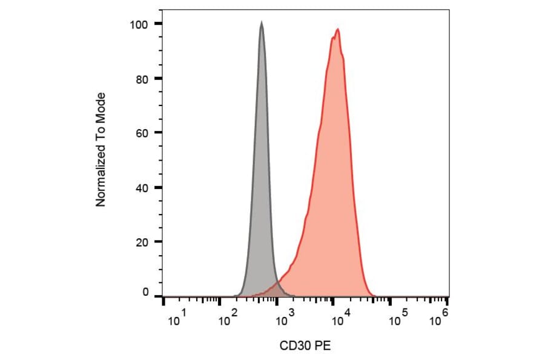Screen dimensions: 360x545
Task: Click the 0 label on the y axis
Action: (146, 292)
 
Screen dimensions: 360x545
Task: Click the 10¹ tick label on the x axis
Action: (176, 319)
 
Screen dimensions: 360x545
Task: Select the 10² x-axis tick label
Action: (228, 319)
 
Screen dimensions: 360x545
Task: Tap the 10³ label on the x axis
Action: (283, 319)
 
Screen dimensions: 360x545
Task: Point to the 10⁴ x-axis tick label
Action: (340, 319)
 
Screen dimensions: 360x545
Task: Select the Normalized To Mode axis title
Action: (101, 149)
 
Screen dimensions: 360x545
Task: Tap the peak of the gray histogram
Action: (261, 23)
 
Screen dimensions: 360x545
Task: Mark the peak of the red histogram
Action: (337, 29)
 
